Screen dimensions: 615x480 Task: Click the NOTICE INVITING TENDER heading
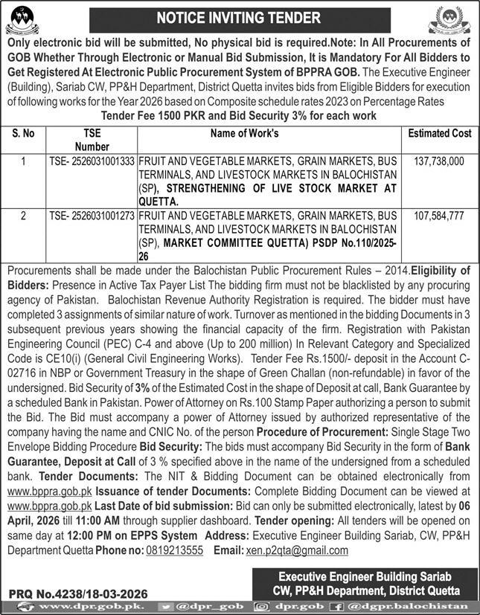240,17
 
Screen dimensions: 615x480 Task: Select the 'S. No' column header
24,134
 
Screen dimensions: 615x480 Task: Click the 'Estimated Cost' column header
440,134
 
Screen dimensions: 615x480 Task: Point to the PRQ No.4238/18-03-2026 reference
78,595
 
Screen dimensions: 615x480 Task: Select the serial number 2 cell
24,216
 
